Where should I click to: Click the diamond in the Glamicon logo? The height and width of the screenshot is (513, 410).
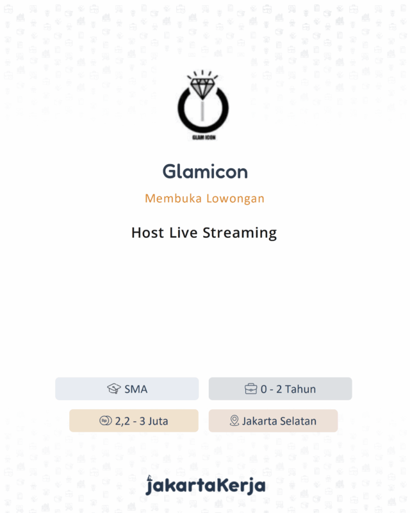pyautogui.click(x=202, y=88)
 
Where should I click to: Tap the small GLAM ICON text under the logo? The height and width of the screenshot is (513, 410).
pyautogui.click(x=202, y=137)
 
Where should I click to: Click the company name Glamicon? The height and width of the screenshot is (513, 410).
pyautogui.click(x=205, y=172)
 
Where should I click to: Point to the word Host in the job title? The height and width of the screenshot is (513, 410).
pyautogui.click(x=148, y=233)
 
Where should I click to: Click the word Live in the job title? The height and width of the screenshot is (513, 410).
pyautogui.click(x=184, y=233)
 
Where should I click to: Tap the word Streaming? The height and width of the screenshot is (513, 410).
pyautogui.click(x=240, y=233)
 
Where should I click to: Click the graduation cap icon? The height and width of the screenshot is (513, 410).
pyautogui.click(x=114, y=389)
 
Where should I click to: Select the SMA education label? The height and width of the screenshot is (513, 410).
pyautogui.click(x=136, y=389)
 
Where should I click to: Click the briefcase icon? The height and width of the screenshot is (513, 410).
pyautogui.click(x=251, y=389)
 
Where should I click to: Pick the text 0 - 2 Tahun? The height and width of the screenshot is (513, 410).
pyautogui.click(x=288, y=389)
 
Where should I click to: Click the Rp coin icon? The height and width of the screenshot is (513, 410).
pyautogui.click(x=106, y=421)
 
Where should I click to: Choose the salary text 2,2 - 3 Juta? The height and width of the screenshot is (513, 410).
pyautogui.click(x=142, y=421)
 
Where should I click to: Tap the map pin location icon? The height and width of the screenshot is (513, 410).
pyautogui.click(x=234, y=421)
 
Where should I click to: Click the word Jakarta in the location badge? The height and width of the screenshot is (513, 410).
pyautogui.click(x=261, y=421)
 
